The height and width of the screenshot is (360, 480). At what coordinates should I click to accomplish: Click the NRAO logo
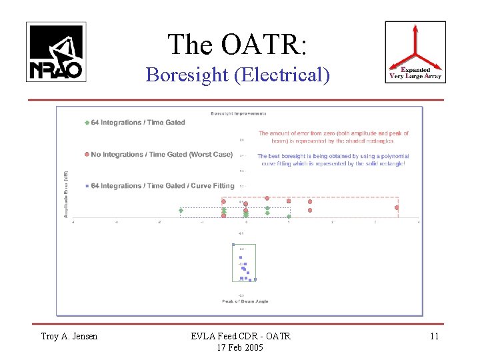point(56,52)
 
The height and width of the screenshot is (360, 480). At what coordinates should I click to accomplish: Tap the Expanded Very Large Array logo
point(415,52)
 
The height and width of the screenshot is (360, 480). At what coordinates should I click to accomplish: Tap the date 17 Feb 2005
point(240,347)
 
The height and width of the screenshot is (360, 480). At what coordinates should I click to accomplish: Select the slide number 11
point(434,336)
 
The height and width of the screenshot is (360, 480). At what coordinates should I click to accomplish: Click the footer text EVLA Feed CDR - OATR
point(240,336)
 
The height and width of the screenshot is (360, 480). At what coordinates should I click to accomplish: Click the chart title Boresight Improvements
point(239,113)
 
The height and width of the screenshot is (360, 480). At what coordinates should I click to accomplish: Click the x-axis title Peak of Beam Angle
point(245,301)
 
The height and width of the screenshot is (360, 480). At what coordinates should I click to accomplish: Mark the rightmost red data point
point(397,208)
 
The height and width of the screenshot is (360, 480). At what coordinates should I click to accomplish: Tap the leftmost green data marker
point(181,211)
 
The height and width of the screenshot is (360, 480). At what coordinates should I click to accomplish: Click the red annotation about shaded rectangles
point(333,137)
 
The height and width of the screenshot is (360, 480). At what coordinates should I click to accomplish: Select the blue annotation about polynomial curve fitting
point(333,160)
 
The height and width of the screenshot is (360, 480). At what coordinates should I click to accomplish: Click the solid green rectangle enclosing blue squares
point(243,263)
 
